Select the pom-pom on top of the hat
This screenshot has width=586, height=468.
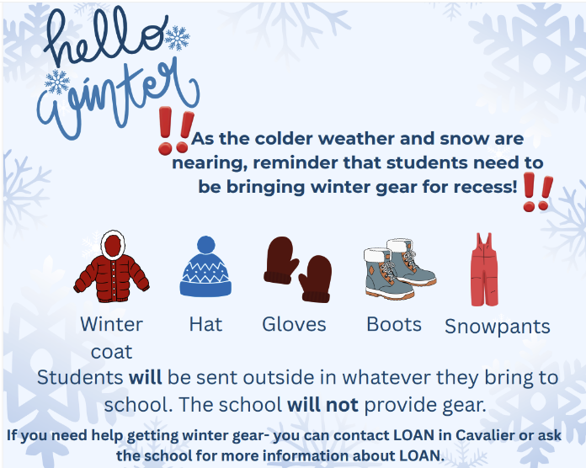click(205, 244)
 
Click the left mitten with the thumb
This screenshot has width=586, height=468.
click(281, 259)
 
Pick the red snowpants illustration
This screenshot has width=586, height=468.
click(482, 269)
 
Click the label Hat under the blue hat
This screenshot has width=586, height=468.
click(205, 324)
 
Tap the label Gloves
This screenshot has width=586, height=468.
click(294, 324)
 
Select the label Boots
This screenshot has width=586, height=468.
click(394, 324)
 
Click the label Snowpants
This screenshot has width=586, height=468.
click(497, 327)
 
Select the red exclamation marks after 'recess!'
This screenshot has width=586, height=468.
click(536, 193)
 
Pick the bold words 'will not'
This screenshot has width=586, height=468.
click(323, 404)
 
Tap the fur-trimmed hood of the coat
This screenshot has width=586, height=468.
click(112, 244)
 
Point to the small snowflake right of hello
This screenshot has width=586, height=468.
click(177, 37)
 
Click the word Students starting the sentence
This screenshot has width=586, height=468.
click(81, 377)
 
